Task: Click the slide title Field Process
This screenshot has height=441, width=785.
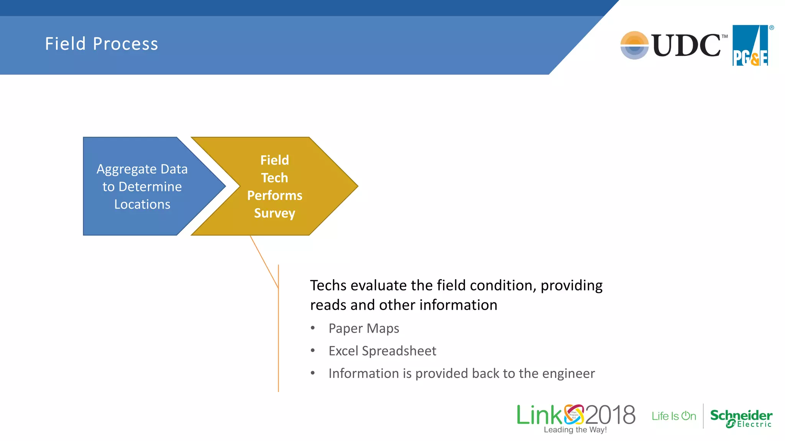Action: coord(102,44)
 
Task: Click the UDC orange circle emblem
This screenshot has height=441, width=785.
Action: coord(634,45)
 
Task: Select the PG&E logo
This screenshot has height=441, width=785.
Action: coord(751,46)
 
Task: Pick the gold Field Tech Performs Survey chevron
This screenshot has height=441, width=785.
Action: coord(291,186)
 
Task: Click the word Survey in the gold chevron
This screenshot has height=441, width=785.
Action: coord(274,213)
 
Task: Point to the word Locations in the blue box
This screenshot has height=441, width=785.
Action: coord(142,204)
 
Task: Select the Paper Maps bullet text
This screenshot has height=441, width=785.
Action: coord(364,328)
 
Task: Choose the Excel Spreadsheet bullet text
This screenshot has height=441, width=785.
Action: coord(382,351)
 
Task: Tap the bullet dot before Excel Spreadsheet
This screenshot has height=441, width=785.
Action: coord(313,350)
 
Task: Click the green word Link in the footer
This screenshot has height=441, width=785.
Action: coord(539,415)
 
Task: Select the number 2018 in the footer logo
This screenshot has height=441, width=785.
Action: coord(610,415)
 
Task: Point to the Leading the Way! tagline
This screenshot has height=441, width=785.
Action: coord(575,430)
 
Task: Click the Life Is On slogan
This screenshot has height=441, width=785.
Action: coord(674,416)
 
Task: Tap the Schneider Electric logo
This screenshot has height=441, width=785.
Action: coord(741,418)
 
